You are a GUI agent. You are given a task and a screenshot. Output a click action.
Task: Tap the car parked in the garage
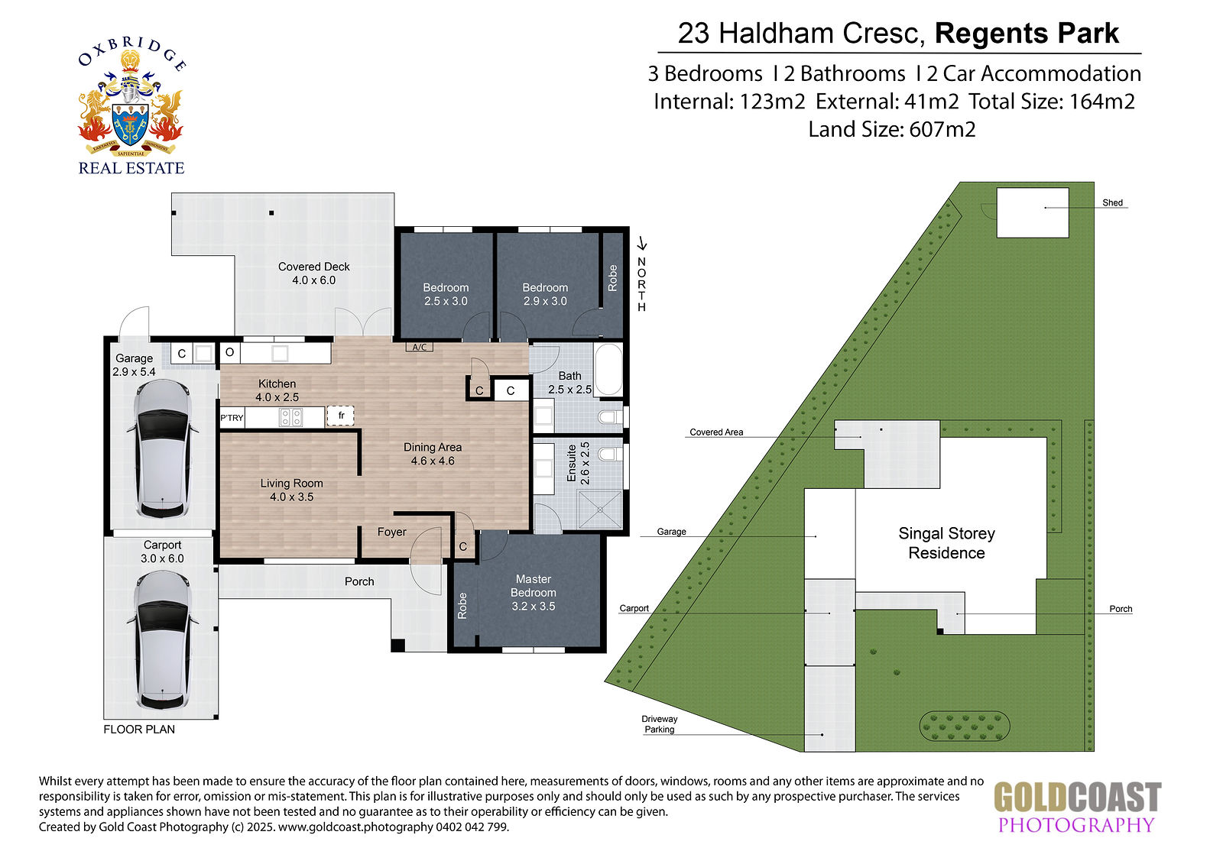click(163, 449)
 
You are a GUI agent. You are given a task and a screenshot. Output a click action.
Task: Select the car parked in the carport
click(163, 640)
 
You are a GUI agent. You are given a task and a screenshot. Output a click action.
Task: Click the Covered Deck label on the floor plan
click(314, 273)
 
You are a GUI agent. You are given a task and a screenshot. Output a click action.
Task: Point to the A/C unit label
click(420, 347)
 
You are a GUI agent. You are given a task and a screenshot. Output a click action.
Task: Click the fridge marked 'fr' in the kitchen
click(340, 416)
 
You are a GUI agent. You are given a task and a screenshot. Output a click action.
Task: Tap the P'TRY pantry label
click(232, 418)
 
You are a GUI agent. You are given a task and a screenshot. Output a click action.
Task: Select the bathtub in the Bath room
click(608, 370)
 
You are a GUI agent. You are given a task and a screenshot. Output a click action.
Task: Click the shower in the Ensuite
click(600, 510)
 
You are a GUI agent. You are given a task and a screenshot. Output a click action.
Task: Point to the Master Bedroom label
click(534, 593)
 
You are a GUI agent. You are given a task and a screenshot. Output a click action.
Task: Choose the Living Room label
click(291, 490)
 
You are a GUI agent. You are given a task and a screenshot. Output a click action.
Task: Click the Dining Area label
click(433, 454)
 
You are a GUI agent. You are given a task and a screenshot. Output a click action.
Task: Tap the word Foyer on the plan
click(392, 532)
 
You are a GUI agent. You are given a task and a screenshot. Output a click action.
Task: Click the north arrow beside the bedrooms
click(643, 244)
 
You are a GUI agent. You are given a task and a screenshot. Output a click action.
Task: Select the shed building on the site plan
click(1033, 212)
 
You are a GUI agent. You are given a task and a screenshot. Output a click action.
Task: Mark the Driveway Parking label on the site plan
click(660, 724)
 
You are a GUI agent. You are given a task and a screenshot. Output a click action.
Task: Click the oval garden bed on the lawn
click(965, 726)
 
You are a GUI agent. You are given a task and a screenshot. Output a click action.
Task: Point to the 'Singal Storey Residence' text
click(947, 543)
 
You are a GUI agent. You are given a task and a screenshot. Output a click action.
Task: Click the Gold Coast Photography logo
click(1077, 807)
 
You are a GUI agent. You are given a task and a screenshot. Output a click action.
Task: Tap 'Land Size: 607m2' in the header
click(891, 130)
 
